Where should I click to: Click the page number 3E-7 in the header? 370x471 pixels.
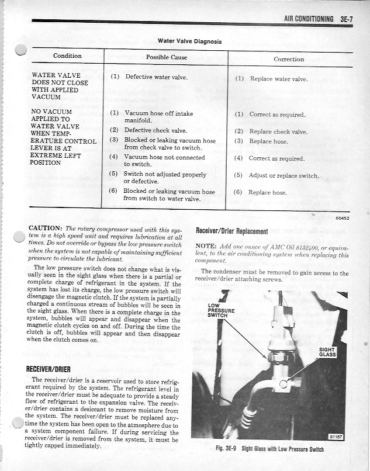[345, 19]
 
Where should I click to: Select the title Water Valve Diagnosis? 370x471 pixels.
[189, 41]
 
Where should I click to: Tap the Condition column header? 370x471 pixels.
[67, 56]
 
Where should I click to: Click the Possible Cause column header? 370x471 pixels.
[166, 57]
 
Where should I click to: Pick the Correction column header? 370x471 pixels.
[289, 59]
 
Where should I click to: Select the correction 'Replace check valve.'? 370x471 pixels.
[278, 132]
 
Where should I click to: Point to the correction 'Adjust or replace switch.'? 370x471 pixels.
[284, 176]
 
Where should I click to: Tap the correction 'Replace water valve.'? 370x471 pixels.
[278, 79]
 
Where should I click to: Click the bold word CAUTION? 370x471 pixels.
[46, 228]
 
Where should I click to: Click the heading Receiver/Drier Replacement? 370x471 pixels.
[231, 231]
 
